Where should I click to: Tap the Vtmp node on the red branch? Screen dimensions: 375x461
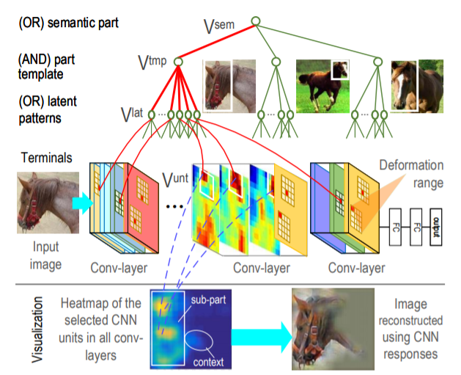pos(178,62)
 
